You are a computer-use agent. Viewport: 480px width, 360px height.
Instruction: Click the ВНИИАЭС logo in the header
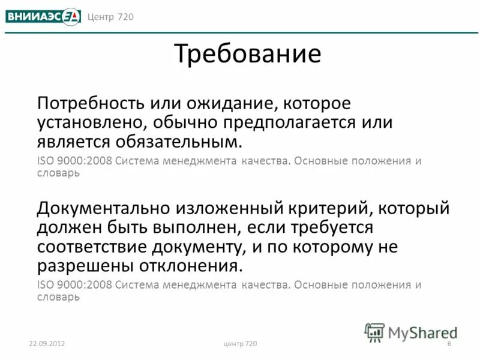click(x=43, y=16)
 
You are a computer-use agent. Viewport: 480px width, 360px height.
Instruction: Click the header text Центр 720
click(x=110, y=16)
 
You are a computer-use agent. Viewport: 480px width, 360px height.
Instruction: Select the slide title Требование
click(x=248, y=54)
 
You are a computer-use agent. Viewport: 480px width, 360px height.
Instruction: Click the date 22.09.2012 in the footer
click(x=46, y=343)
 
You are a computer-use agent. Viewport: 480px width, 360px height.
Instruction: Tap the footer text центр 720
click(x=239, y=343)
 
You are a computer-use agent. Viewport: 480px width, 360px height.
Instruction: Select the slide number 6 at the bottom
click(x=449, y=343)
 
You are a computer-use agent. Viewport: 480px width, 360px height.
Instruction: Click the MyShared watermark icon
click(x=375, y=332)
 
